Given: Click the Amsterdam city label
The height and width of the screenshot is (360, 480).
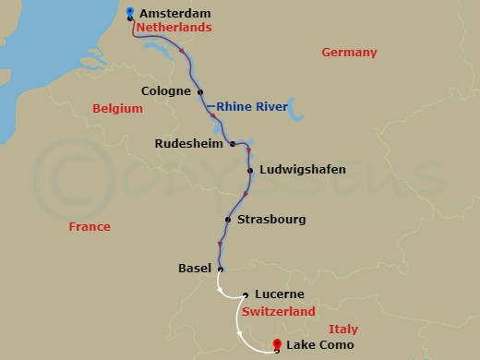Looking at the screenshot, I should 174,13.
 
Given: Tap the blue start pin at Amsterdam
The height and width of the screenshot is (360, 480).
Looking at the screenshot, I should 130,11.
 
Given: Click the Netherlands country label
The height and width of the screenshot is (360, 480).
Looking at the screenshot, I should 174,28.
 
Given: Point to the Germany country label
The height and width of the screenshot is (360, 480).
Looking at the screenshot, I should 349,53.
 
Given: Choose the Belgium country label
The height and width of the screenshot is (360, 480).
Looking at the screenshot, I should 118,109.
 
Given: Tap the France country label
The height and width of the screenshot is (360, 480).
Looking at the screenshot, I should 90,227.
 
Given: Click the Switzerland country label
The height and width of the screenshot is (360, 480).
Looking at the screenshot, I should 279,312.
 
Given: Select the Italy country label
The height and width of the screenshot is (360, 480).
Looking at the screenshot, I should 342,330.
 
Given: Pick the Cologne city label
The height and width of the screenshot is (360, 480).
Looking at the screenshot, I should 166,91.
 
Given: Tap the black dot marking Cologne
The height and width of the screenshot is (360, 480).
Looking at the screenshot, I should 200,91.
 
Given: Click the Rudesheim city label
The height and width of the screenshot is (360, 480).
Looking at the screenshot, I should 188,143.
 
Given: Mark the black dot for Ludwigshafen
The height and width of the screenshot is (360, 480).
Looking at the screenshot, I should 250,170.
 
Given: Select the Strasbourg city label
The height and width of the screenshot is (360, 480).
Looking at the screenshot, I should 271,220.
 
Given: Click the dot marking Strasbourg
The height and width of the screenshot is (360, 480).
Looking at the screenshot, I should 227,220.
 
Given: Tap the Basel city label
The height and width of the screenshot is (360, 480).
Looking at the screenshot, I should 194,269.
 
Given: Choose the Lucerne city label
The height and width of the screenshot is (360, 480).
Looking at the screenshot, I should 280,295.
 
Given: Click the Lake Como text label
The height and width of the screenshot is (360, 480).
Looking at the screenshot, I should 320,346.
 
